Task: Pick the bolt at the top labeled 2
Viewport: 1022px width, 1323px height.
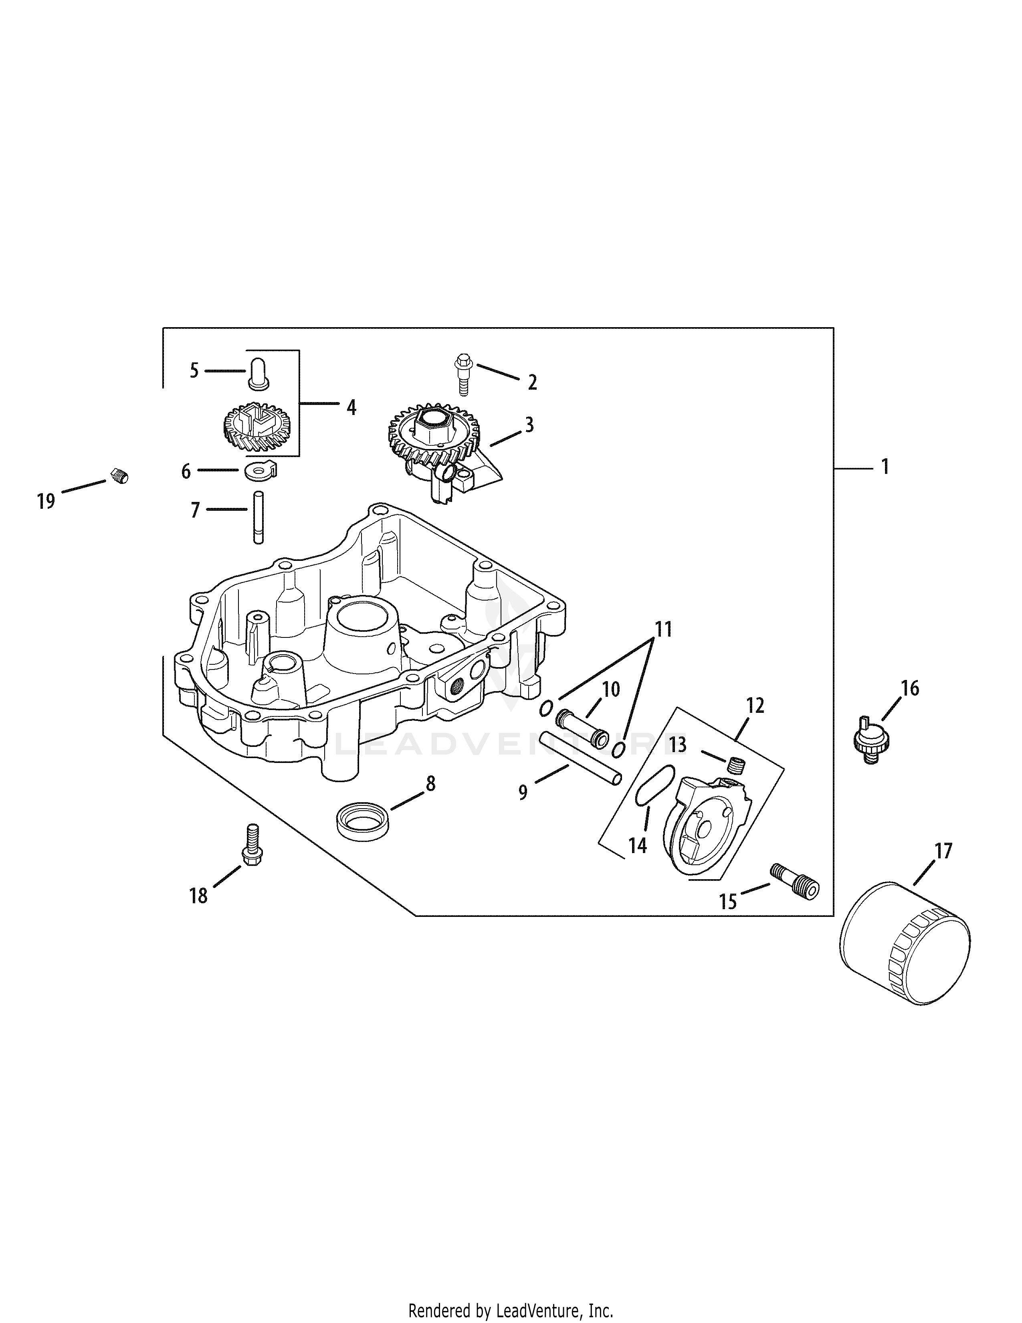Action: [x=465, y=375]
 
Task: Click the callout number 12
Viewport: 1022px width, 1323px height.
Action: [x=755, y=705]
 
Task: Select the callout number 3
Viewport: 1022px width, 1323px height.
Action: [x=529, y=425]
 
